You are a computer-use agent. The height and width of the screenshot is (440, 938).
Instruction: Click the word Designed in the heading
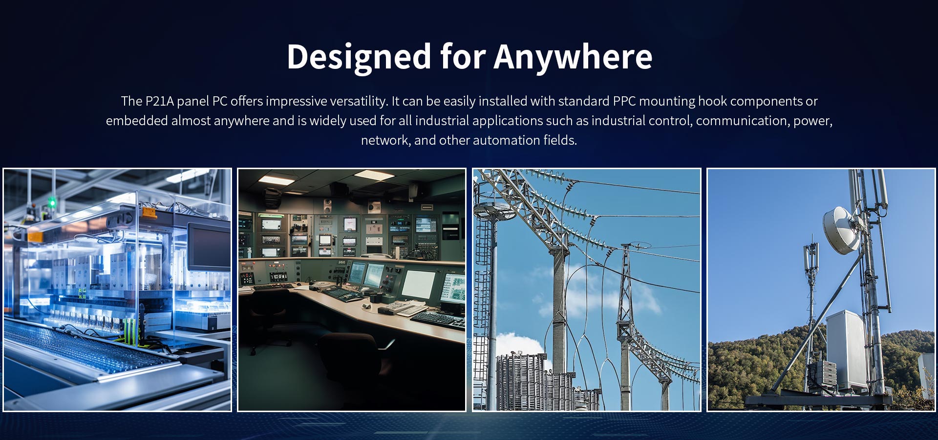click(x=359, y=57)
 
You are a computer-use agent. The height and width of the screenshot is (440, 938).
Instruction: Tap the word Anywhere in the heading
click(x=573, y=57)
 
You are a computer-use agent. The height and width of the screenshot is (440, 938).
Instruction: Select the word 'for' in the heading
click(x=462, y=57)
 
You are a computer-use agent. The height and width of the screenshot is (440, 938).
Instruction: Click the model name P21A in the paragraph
click(x=159, y=101)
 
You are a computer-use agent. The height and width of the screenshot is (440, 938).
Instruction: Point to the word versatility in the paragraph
click(x=359, y=101)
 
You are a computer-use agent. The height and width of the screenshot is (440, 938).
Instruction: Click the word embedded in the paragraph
click(x=137, y=121)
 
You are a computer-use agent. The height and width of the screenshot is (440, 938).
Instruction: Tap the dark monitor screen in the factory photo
click(x=210, y=247)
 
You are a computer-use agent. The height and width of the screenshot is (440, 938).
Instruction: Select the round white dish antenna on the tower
click(x=841, y=230)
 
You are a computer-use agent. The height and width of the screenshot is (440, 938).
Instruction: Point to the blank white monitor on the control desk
click(x=418, y=284)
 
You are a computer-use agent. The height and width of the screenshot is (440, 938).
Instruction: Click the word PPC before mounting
click(x=624, y=101)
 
